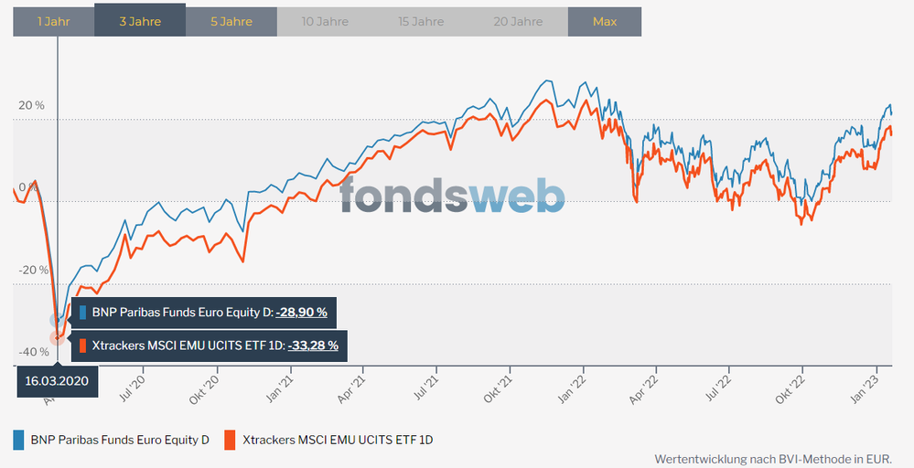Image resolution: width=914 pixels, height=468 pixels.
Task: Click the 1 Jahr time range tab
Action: coord(53,21)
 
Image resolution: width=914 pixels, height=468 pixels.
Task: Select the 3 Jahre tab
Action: coord(140,21)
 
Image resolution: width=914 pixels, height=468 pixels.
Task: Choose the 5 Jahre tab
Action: coord(231,21)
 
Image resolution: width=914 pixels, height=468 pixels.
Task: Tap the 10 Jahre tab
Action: coord(322,21)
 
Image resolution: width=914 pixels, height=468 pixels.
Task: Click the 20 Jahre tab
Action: coord(517,21)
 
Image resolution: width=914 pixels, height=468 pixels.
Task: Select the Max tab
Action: coord(604,21)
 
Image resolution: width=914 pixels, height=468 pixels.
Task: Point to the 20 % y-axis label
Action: coord(31,105)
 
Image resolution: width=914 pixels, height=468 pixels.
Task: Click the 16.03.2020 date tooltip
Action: coord(58,381)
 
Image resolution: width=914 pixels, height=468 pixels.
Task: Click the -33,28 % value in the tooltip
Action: coord(313,346)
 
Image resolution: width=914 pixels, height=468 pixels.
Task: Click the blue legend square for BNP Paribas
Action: coord(18,440)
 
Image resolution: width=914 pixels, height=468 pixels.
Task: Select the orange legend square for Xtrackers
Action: coord(230,440)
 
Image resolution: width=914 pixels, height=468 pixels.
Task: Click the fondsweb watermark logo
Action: coord(452,194)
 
